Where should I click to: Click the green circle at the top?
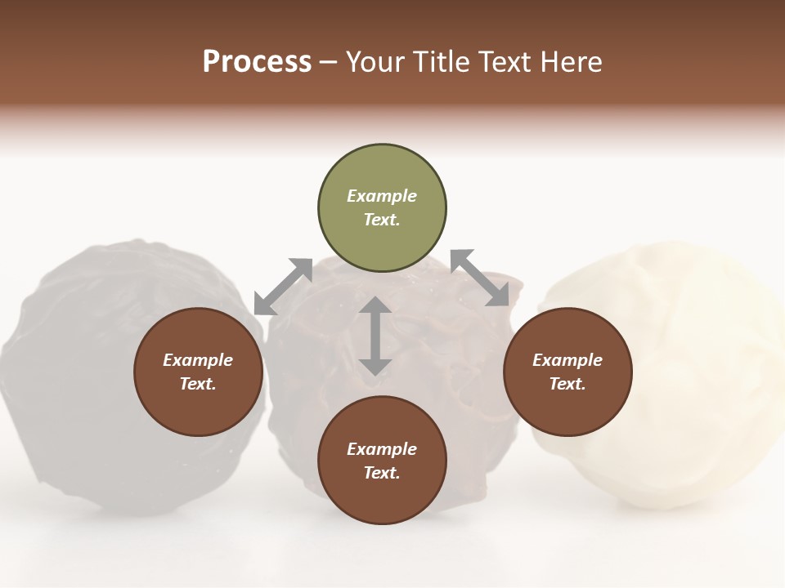pos(382,208)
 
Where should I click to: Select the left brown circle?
pos(198,372)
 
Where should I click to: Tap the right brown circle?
pos(567,372)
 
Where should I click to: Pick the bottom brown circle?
pos(382,461)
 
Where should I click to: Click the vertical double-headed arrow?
pos(375,336)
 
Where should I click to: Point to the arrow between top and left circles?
pos(283,287)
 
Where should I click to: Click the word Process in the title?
pos(257,61)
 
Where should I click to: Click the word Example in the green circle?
pos(382,196)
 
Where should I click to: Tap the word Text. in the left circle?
pos(198,384)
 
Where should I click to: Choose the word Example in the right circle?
pos(567,360)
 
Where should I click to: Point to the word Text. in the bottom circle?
pos(382,473)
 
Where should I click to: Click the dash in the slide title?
pos(328,62)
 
